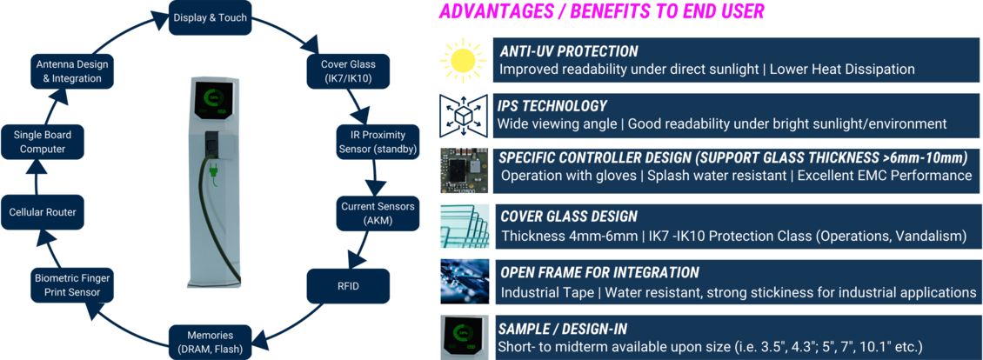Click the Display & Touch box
pyautogui.click(x=210, y=17)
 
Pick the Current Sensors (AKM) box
pyautogui.click(x=371, y=213)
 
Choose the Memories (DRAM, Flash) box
pyautogui.click(x=210, y=341)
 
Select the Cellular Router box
pyautogui.click(x=43, y=213)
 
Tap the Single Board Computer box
pyautogui.click(x=43, y=142)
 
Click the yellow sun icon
pyautogui.click(x=463, y=60)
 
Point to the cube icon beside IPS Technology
pyautogui.click(x=464, y=115)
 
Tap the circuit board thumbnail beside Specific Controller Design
pyautogui.click(x=464, y=170)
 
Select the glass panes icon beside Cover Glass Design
pyautogui.click(x=464, y=225)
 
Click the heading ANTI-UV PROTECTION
pyautogui.click(x=569, y=51)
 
